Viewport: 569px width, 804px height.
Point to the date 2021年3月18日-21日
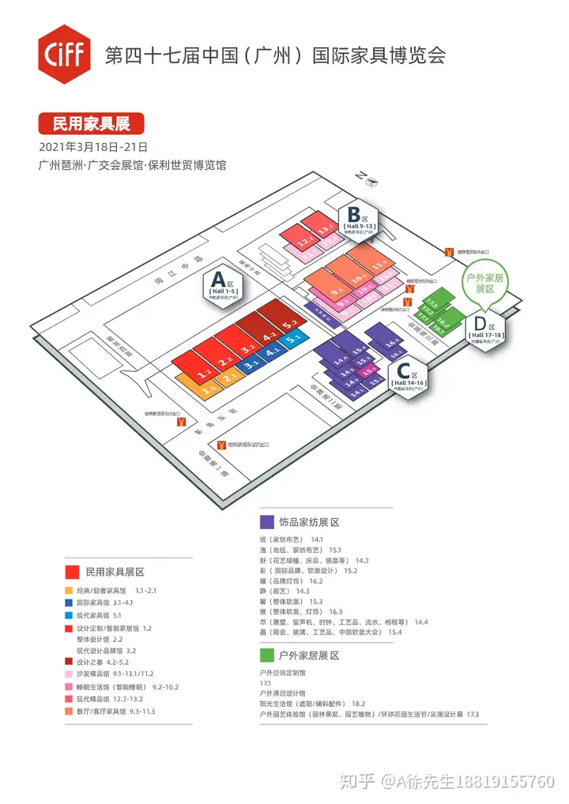pyautogui.click(x=93, y=148)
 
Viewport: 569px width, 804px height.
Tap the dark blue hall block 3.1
pyautogui.click(x=251, y=365)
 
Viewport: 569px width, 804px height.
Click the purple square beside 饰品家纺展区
pyautogui.click(x=266, y=522)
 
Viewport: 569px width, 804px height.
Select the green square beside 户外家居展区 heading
pyautogui.click(x=266, y=656)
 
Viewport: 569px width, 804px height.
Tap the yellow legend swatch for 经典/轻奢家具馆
pyautogui.click(x=70, y=590)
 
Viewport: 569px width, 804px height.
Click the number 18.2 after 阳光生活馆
pyautogui.click(x=358, y=703)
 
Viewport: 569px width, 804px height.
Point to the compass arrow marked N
pyautogui.click(x=368, y=178)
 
